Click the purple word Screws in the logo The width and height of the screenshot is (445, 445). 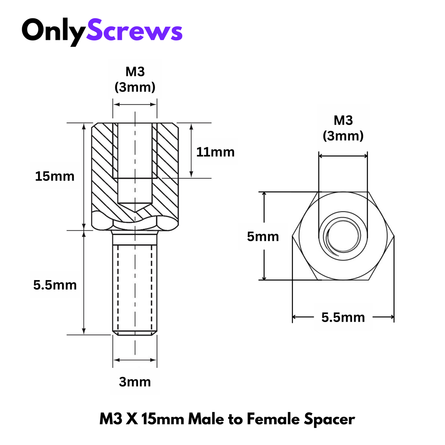click(x=134, y=31)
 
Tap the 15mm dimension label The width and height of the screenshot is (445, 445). click(x=55, y=176)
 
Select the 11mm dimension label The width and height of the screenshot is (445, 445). click(x=215, y=152)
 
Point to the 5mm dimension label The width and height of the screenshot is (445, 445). click(x=263, y=237)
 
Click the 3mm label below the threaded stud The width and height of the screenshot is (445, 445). click(x=135, y=382)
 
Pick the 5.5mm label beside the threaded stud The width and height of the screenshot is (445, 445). click(x=55, y=285)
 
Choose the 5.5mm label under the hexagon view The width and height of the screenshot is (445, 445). click(x=343, y=317)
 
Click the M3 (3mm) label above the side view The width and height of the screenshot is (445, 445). click(x=135, y=79)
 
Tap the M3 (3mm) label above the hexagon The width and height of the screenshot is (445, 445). click(x=343, y=128)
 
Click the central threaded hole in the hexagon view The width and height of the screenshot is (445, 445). click(x=343, y=236)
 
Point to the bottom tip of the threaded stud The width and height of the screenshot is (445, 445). click(x=135, y=334)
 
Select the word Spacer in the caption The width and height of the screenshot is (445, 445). click(x=329, y=420)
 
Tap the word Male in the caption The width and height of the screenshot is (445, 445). click(x=206, y=419)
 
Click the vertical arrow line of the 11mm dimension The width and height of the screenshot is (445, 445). click(x=191, y=150)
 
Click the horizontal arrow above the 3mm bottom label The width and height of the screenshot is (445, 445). click(x=135, y=360)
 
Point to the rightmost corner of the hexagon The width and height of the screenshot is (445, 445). click(x=394, y=236)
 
